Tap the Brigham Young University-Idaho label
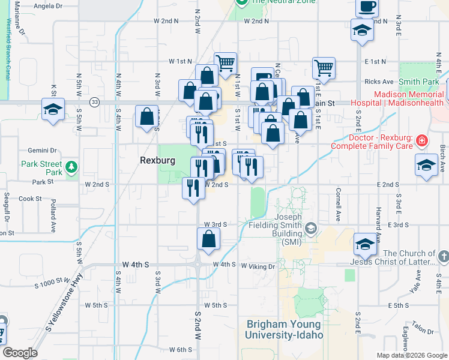click(x=285, y=329)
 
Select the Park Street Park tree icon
click(x=72, y=166)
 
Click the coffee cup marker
click(x=367, y=7)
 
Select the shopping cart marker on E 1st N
click(x=324, y=68)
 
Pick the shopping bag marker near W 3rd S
click(x=208, y=239)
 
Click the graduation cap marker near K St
click(x=53, y=110)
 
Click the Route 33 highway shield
click(x=94, y=103)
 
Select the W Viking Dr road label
click(x=258, y=266)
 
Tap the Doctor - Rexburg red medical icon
click(x=423, y=141)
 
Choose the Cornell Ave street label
click(x=339, y=205)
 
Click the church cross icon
click(x=443, y=257)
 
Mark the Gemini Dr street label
click(x=41, y=151)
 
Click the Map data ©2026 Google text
click(x=411, y=355)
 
